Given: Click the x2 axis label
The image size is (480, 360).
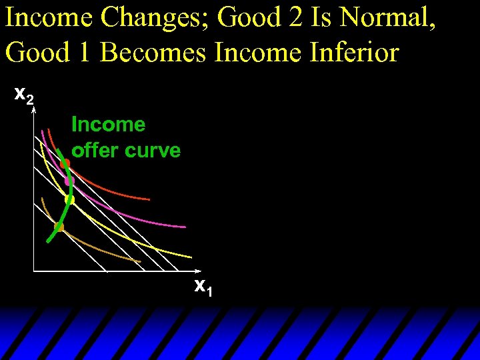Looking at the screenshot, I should coord(24,97).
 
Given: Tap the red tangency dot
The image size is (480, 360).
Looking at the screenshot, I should coord(65,163).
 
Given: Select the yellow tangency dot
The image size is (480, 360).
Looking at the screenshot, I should coord(69,199).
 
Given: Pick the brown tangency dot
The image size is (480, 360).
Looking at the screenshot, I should coord(59,227).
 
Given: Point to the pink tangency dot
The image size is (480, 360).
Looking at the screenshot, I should coord(68,181).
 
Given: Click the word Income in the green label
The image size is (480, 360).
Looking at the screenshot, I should coord(108,125).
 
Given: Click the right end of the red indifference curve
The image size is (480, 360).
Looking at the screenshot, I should coord(149,199).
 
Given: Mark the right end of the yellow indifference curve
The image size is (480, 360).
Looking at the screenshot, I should coord(192,257).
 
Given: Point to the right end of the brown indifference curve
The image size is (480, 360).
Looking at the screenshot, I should coord(141,261).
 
